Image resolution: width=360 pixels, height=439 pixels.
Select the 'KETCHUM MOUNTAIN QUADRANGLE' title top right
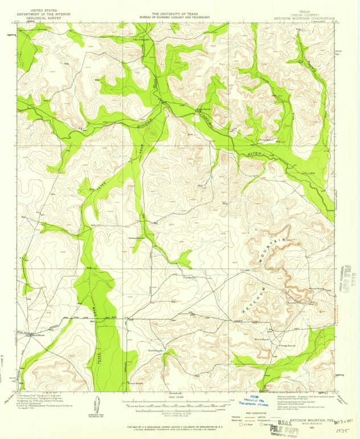click(302, 18)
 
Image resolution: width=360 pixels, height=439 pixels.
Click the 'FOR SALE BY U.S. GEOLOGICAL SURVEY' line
click(179, 426)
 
